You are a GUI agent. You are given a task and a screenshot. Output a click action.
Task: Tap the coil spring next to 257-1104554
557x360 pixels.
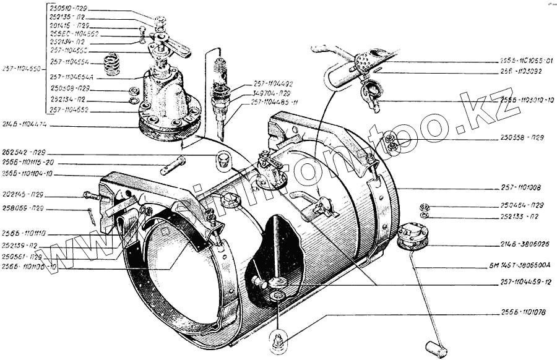point(111,64)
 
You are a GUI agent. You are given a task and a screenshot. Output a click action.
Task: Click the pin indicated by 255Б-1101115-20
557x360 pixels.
point(174,165)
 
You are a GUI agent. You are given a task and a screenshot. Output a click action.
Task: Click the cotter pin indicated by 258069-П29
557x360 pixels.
point(92,215)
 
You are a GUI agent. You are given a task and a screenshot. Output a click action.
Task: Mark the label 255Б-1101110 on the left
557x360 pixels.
point(24,234)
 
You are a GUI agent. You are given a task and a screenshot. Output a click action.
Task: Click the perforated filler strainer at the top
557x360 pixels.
point(363,61)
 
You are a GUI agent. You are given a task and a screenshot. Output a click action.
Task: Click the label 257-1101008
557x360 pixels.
point(521,187)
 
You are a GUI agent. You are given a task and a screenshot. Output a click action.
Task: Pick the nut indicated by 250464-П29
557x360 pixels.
point(425,206)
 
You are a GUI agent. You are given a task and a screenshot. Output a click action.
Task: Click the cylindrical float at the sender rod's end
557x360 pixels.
point(436,349)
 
